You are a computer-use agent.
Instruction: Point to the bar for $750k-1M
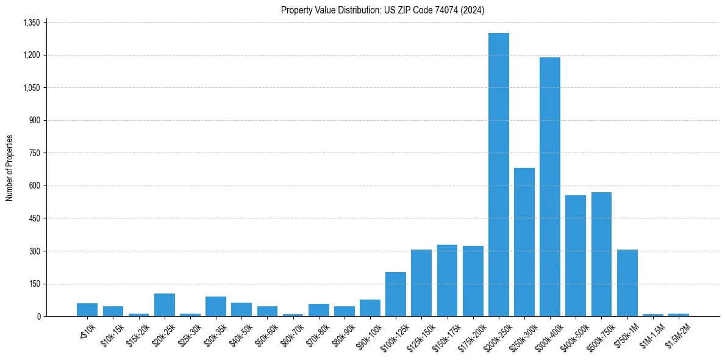click(x=627, y=283)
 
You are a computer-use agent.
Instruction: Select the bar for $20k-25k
click(x=165, y=305)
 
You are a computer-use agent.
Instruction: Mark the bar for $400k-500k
click(x=576, y=256)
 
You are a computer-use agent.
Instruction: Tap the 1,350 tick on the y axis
click(x=31, y=23)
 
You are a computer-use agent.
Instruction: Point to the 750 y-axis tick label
click(x=34, y=153)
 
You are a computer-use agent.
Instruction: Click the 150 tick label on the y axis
click(x=34, y=284)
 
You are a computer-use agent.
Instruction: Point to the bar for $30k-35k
click(x=216, y=306)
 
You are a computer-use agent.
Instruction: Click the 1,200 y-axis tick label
click(x=31, y=55)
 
